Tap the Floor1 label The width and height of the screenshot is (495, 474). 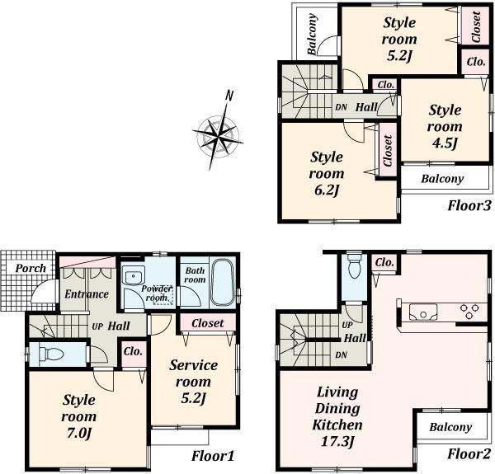pyautogui.click(x=213, y=455)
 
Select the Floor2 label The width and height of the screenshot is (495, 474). pyautogui.click(x=469, y=454)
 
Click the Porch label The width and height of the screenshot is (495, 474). pyautogui.click(x=31, y=268)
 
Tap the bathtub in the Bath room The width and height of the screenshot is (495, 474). pyautogui.click(x=223, y=282)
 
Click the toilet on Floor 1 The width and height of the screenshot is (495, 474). pyautogui.click(x=51, y=354)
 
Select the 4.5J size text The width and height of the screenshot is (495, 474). pyautogui.click(x=444, y=143)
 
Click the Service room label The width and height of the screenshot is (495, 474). pyautogui.click(x=194, y=373)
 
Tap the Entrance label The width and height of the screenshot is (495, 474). pyautogui.click(x=87, y=293)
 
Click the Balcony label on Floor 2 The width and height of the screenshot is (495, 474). pyautogui.click(x=450, y=427)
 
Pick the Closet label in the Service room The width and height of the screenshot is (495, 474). pyautogui.click(x=207, y=323)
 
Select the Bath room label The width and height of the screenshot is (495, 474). pyautogui.click(x=195, y=275)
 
